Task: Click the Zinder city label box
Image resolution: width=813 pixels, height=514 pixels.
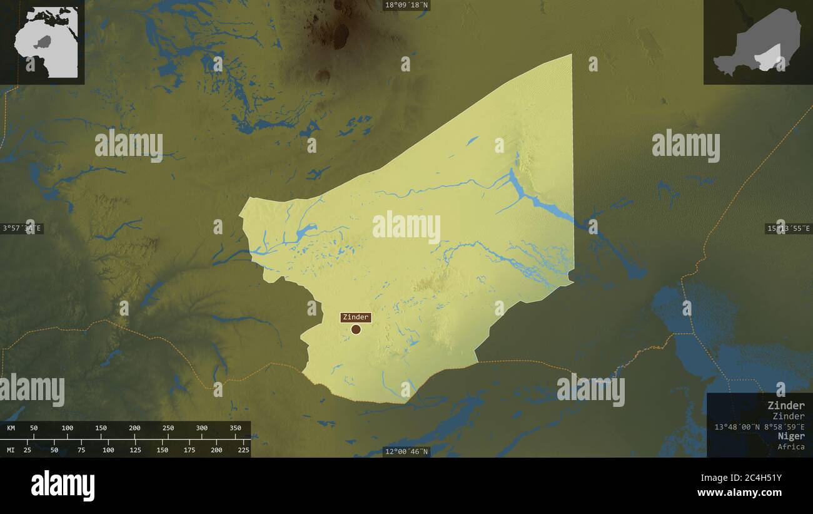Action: (355, 317)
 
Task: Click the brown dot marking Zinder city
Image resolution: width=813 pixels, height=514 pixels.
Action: (356, 329)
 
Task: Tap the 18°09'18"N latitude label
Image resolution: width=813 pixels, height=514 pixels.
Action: (406, 5)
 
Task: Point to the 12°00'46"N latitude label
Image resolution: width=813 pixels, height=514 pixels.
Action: (406, 451)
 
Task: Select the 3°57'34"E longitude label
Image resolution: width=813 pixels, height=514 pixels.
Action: (23, 228)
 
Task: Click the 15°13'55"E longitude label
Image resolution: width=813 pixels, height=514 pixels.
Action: (788, 229)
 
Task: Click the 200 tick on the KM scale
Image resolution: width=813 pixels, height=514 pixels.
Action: (134, 428)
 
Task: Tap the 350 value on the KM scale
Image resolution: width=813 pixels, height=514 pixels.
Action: (235, 428)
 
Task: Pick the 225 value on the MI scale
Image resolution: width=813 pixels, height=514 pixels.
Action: (243, 450)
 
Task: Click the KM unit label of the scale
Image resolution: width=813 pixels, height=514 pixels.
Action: (11, 428)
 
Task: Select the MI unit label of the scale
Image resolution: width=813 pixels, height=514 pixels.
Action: (11, 450)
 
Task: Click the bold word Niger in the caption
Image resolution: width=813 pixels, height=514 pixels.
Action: (791, 436)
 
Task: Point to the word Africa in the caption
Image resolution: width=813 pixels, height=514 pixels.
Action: (791, 446)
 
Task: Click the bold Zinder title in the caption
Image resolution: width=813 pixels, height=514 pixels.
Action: (786, 405)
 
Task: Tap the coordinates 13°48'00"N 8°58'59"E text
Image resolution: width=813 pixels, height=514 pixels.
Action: (759, 426)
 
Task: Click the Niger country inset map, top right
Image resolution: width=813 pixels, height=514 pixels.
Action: (757, 42)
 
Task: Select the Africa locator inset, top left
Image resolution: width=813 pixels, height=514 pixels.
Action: (43, 42)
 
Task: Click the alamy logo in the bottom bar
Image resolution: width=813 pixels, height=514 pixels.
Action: (63, 486)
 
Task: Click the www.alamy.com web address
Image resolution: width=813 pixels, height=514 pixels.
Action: (740, 493)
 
